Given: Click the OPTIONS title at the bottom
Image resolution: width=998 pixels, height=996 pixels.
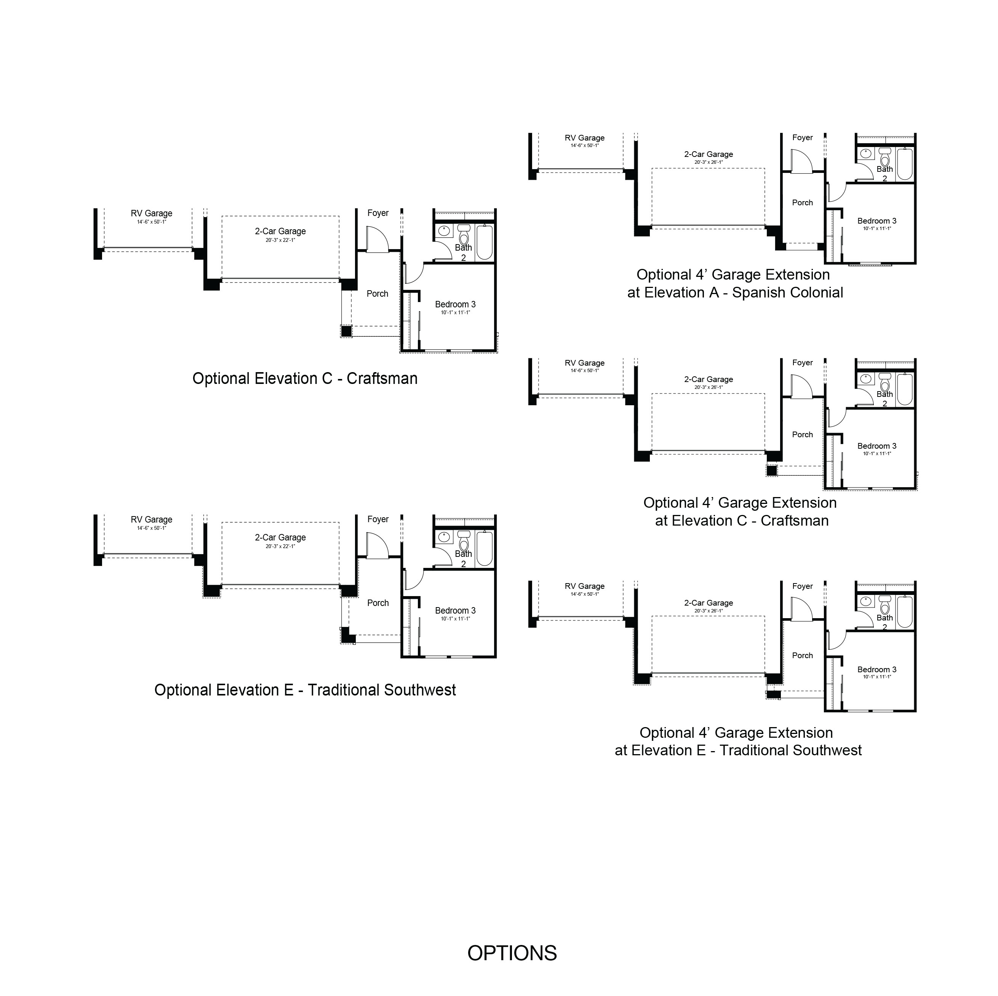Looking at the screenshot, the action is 512,953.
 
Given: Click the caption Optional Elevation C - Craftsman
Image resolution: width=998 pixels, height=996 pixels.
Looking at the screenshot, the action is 305,379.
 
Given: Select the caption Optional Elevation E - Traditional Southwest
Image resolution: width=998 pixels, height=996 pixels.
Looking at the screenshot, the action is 305,690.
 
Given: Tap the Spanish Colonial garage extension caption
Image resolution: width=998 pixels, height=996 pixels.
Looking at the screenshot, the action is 735,284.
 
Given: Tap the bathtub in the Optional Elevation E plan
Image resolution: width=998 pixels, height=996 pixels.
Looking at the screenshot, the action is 485,548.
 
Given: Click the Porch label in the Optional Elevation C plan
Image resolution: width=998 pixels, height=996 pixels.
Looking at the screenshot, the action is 377,293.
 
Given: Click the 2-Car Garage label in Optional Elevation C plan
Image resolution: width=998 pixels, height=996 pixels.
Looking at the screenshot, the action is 280,232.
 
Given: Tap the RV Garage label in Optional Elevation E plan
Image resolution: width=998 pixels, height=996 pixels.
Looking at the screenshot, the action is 151,520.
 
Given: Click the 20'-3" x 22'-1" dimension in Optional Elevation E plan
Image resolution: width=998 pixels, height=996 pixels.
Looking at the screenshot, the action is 280,546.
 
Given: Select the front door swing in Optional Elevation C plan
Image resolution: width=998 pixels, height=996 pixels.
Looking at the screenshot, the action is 377,239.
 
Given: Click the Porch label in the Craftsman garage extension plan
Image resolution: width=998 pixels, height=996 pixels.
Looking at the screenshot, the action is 802,435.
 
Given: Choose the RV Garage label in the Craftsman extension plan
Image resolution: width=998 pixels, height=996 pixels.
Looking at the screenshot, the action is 584,363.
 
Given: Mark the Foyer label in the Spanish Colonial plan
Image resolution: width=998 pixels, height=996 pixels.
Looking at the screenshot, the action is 802,137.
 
